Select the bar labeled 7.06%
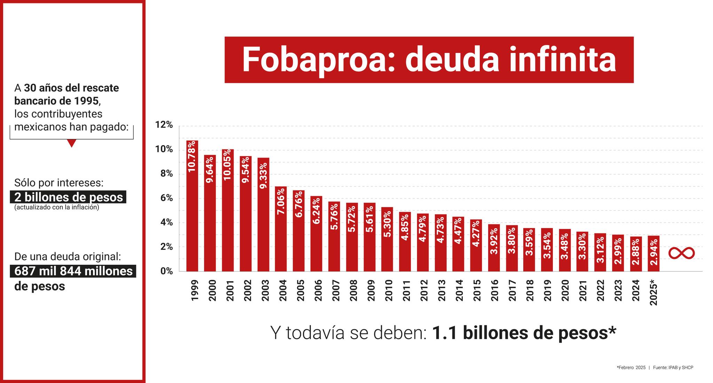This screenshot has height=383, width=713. pyautogui.click(x=281, y=229)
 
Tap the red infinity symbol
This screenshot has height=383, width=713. pyautogui.click(x=681, y=253)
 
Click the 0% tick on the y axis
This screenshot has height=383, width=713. pyautogui.click(x=166, y=271)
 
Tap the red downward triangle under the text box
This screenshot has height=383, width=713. pyautogui.click(x=71, y=143)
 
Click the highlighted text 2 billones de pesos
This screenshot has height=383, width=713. pyautogui.click(x=69, y=197)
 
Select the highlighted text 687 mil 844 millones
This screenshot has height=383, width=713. pyautogui.click(x=73, y=271)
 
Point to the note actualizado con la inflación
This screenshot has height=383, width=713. pyautogui.click(x=57, y=207)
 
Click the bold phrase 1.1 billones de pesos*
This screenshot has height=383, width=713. pyautogui.click(x=524, y=333)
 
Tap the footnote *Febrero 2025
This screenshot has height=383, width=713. pyautogui.click(x=631, y=367)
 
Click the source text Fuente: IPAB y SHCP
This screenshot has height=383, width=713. pyautogui.click(x=673, y=367)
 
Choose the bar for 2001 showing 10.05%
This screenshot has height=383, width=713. pyautogui.click(x=228, y=210)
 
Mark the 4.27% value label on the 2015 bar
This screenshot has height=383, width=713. pyautogui.click(x=476, y=233)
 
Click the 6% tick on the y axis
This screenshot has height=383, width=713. pyautogui.click(x=166, y=198)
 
